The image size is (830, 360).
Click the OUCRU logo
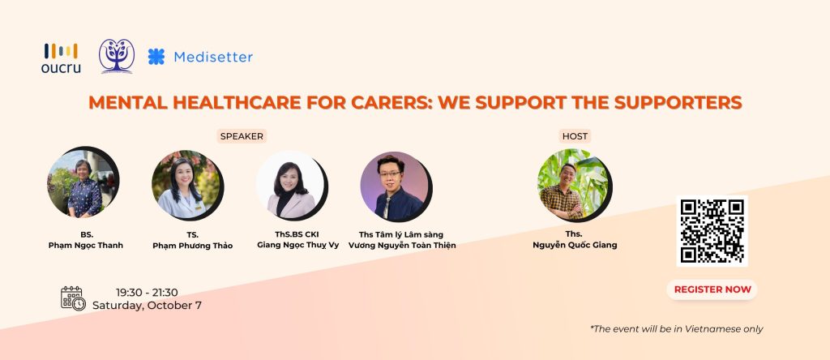[61, 58]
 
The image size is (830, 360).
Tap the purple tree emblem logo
[117, 56]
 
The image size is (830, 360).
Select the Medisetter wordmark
[213, 57]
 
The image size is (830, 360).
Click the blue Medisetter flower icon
[156, 57]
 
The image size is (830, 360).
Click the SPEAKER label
[242, 136]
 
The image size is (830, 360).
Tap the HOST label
[575, 136]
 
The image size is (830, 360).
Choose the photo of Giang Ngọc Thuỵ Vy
[291, 186]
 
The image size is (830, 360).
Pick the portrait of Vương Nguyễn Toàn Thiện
[396, 186]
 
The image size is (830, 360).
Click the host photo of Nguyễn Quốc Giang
[575, 185]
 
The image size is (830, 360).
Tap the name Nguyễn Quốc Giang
[575, 245]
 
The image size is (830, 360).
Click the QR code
[712, 231]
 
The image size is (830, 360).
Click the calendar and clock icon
[73, 298]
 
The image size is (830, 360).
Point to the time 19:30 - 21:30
[148, 293]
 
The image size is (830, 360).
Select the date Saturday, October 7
[147, 306]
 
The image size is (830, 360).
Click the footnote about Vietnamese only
[677, 328]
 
